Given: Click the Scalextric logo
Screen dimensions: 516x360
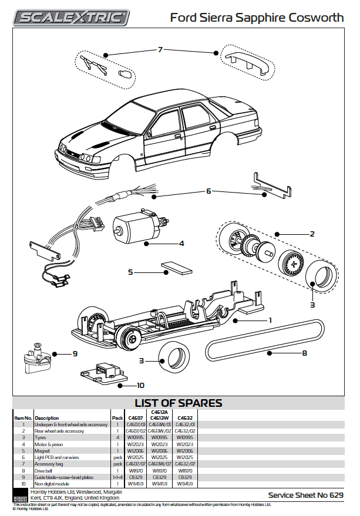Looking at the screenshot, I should click(x=72, y=17).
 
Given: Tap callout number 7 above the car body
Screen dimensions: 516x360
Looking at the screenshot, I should click(x=160, y=50).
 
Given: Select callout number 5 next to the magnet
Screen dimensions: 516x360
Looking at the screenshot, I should click(x=131, y=272).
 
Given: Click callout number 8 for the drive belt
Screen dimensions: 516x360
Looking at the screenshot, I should click(x=304, y=353).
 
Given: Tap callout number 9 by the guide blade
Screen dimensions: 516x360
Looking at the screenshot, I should click(x=75, y=354).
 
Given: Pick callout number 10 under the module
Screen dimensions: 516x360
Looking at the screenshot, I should click(x=140, y=386).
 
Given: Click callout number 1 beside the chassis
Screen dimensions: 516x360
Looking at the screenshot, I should click(x=270, y=320).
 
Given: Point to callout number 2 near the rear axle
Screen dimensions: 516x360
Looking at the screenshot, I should click(x=312, y=234).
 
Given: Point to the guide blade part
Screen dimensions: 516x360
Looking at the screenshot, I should click(x=36, y=359).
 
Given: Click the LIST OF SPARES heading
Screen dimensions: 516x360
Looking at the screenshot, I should click(x=179, y=403).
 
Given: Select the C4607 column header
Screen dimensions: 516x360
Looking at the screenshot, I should click(x=135, y=417).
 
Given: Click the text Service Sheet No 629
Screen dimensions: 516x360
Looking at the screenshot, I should click(x=305, y=495).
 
